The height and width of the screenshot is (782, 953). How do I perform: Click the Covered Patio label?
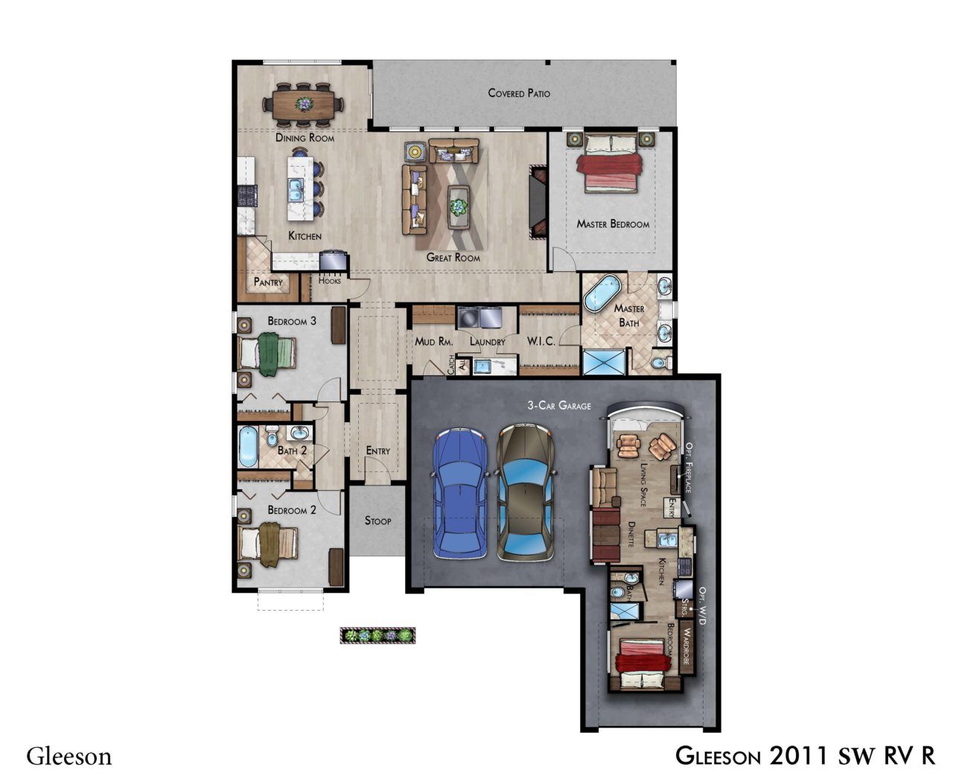[x=519, y=93]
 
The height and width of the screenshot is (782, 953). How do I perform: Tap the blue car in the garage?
[x=460, y=495]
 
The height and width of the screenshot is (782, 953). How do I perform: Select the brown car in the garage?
[x=526, y=493]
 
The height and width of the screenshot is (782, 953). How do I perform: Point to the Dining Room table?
[x=303, y=104]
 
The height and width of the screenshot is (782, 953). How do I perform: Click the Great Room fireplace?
[x=538, y=200]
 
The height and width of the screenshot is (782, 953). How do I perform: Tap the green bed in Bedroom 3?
[x=267, y=354]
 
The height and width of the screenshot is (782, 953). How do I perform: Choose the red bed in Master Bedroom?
[x=610, y=162]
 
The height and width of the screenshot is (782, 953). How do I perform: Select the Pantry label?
[x=268, y=282]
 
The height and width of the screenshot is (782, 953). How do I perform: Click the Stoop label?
[x=377, y=521]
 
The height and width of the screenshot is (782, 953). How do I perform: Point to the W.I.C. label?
[x=541, y=341]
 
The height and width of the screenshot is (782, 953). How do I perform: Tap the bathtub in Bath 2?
[x=248, y=447]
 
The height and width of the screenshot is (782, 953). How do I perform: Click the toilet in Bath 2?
[x=272, y=435]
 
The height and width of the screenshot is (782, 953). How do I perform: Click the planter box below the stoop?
[x=377, y=635]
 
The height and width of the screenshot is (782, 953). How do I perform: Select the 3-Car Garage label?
[x=559, y=405]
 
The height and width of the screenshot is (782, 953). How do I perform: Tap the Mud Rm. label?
[x=433, y=342]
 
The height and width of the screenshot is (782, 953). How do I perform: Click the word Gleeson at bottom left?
[x=68, y=757]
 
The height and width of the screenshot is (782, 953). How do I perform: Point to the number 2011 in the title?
[x=800, y=755]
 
